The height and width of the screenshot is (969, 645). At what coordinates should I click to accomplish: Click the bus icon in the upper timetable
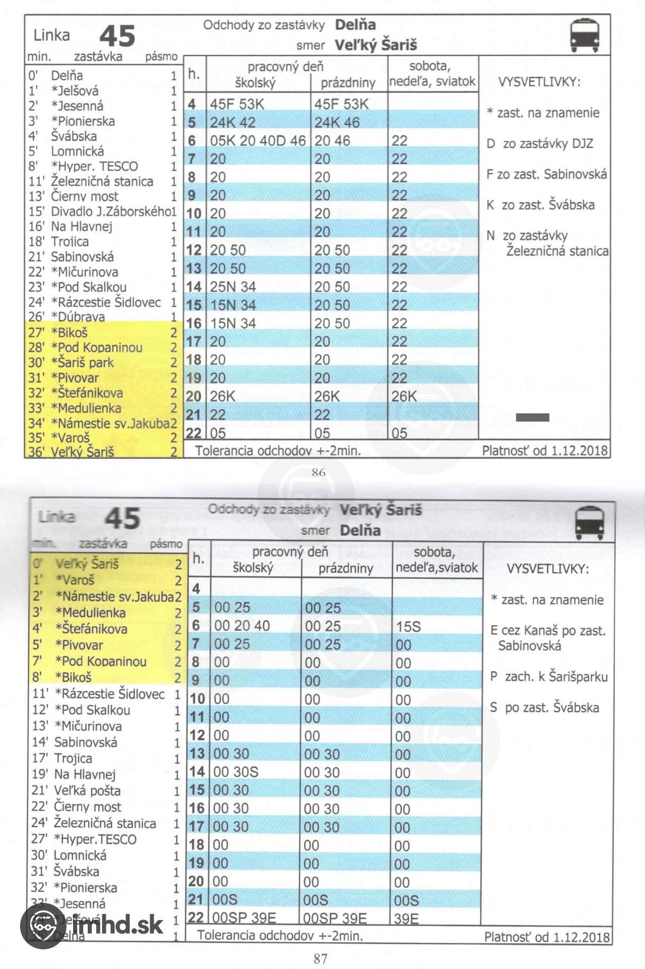pos(584,35)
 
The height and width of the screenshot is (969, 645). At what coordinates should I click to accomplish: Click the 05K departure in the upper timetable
pos(223,141)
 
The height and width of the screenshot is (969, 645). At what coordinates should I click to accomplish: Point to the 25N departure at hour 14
pos(223,287)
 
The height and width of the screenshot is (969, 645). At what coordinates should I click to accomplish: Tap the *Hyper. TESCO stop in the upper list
pos(94,166)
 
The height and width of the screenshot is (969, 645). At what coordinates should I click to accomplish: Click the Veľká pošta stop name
pos(87,791)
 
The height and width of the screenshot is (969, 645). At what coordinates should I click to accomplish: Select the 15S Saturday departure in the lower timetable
pos(408,626)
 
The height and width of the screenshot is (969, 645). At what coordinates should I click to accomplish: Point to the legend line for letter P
pos(549,677)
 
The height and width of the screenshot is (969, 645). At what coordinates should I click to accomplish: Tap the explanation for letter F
pos(546,175)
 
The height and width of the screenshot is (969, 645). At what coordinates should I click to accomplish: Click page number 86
pos(319,472)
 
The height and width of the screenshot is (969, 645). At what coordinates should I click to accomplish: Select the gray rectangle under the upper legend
pos(533,417)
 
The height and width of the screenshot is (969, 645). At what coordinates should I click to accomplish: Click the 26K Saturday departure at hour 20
pos(404,397)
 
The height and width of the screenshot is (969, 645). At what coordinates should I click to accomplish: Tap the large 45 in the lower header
pos(122,518)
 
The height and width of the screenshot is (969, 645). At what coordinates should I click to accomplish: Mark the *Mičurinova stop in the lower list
pos(88,726)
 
